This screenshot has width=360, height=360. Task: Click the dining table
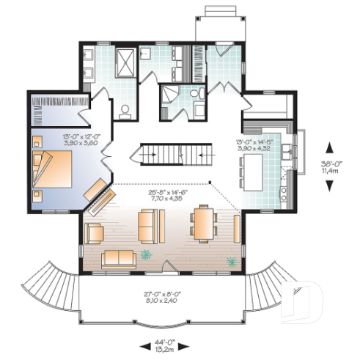click(203, 224)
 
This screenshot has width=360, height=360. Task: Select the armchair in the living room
click(95, 233)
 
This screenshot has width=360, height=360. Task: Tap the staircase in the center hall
click(169, 155)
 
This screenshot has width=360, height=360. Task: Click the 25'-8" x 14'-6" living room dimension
click(165, 194)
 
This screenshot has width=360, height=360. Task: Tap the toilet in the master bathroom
click(125, 111)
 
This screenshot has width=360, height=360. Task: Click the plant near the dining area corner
click(232, 261)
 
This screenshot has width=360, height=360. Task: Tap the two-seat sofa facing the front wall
click(118, 257)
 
